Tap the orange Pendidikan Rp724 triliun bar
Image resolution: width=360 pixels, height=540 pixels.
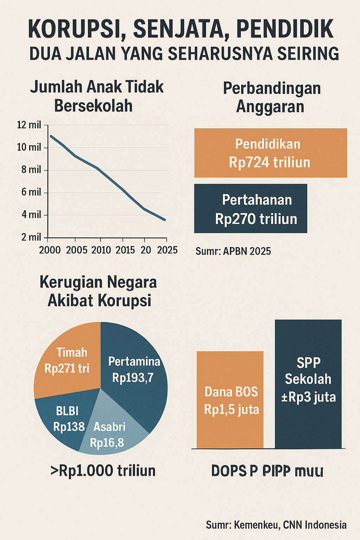click(270, 153)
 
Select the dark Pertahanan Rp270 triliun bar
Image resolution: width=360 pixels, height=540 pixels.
click(250, 208)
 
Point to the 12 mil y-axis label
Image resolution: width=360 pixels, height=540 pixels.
click(29, 125)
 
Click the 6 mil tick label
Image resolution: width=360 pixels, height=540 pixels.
click(31, 192)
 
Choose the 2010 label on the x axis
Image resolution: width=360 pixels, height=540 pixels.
click(101, 250)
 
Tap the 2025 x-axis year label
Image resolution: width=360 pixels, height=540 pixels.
click(167, 250)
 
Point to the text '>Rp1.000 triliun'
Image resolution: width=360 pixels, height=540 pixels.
click(103, 471)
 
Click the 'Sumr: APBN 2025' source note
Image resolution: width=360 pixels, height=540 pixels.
click(233, 251)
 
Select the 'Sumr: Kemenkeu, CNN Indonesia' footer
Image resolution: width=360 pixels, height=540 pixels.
click(276, 525)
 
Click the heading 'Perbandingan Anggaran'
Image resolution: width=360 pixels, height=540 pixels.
click(271, 97)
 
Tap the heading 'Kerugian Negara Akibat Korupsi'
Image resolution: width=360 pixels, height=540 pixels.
click(98, 291)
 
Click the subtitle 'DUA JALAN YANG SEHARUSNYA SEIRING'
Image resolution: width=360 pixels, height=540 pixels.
click(184, 54)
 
